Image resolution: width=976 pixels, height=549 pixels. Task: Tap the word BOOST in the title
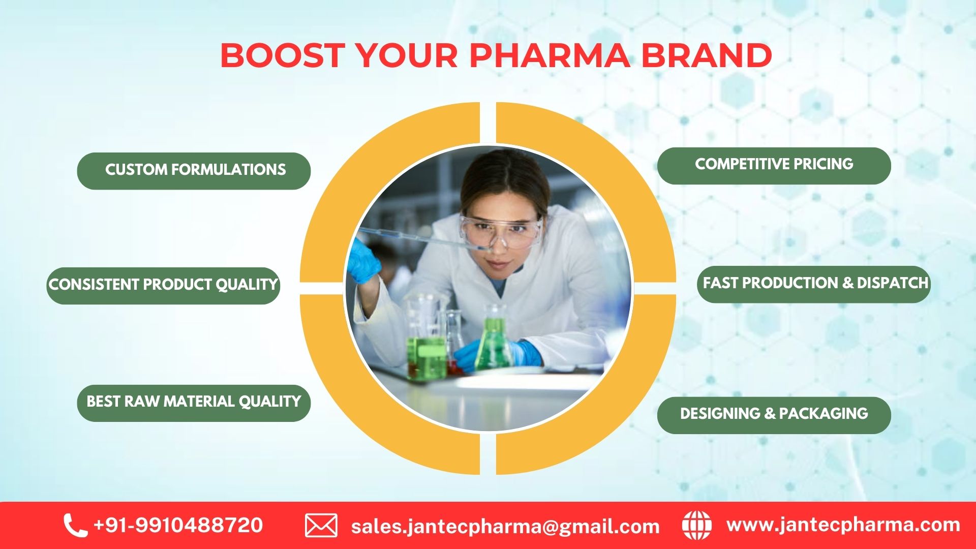[282, 55]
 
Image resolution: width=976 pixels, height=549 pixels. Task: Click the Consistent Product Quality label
[163, 285]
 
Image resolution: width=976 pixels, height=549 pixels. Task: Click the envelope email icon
[321, 526]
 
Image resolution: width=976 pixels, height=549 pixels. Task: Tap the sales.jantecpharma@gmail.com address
[505, 527]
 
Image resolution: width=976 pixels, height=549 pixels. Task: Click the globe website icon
[696, 526]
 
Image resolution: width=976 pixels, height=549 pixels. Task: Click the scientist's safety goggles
[501, 231]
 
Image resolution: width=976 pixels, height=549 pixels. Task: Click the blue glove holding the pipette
[362, 259]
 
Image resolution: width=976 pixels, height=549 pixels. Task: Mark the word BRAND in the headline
[707, 55]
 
